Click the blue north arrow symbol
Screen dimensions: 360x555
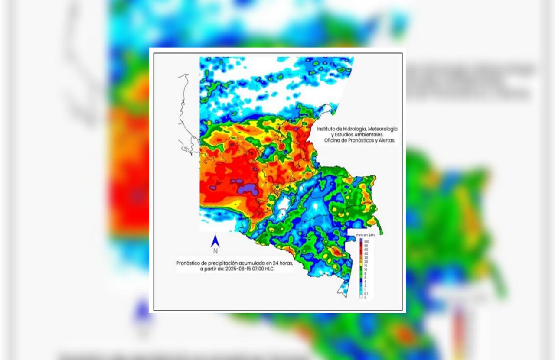[x=215, y=241]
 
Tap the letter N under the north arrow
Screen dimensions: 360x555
[x=215, y=251]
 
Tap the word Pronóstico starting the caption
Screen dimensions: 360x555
[x=190, y=263]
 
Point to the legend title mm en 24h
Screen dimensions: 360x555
[x=366, y=235]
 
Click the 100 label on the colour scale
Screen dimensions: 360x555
[x=367, y=241]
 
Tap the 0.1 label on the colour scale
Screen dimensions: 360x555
[x=366, y=293]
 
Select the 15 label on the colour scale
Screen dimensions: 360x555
[x=366, y=266]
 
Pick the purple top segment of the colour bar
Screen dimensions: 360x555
[x=361, y=241]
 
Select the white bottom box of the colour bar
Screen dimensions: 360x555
[x=361, y=297]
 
